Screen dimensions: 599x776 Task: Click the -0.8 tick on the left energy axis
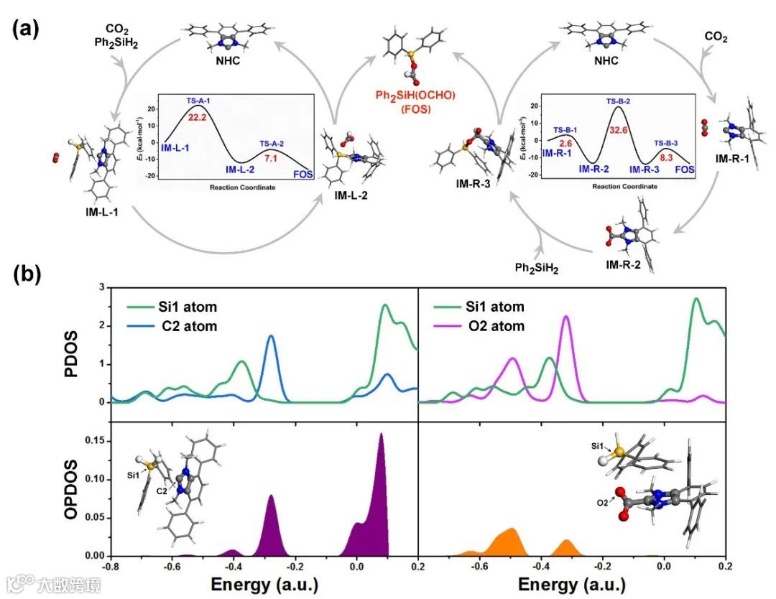pos(110,567)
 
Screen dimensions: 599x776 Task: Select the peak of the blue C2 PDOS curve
pos(271,336)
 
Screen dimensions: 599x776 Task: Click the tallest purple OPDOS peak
pos(381,434)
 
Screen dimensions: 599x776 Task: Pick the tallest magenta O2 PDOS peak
pos(565,317)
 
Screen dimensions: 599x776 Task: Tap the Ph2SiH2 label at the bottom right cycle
pos(537,267)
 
